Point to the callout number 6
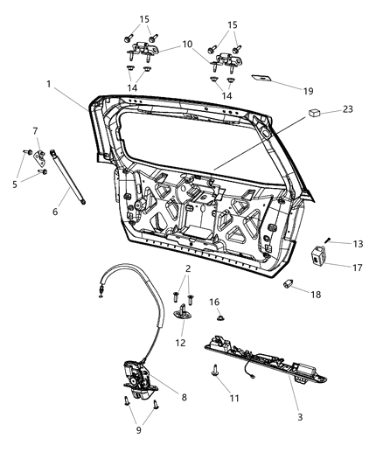(54, 211)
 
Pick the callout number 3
(300, 418)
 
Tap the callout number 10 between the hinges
(187, 44)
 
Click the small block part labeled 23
(313, 113)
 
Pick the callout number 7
(36, 131)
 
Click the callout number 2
(186, 268)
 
